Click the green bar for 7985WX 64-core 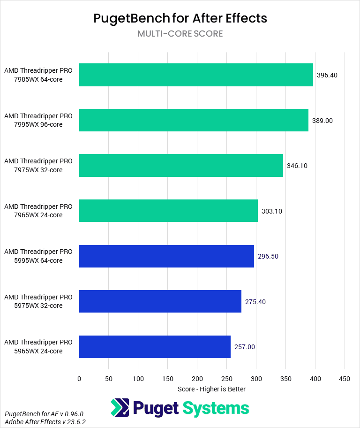[x=196, y=75]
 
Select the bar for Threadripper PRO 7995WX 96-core [x=194, y=120]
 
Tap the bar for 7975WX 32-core [x=181, y=166]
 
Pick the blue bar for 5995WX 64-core [x=166, y=256]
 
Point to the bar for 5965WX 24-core [x=155, y=347]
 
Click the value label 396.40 [x=327, y=75]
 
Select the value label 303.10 [x=272, y=211]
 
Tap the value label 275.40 [x=255, y=302]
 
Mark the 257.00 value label [x=245, y=347]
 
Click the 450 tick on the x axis [x=345, y=378]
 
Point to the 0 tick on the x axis [x=79, y=378]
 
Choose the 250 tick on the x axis [x=227, y=378]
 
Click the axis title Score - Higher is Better [x=212, y=389]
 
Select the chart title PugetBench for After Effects [x=180, y=18]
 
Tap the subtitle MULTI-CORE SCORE [x=180, y=34]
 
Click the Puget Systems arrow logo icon [x=120, y=408]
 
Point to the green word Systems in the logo [x=216, y=408]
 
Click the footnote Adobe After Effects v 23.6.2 [x=45, y=422]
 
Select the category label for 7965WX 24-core [x=38, y=211]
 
